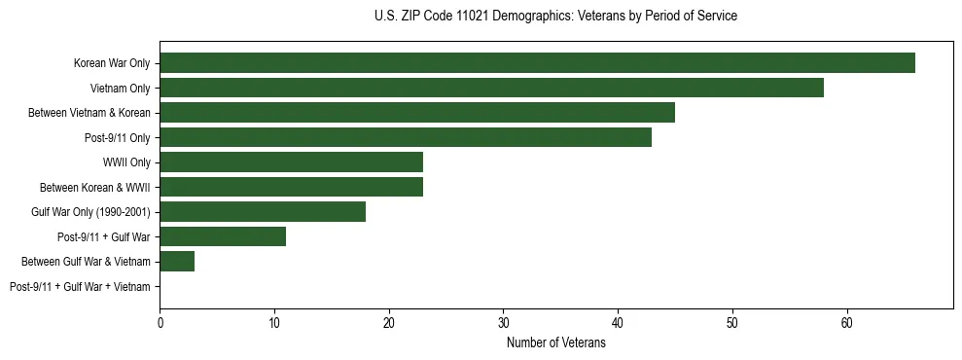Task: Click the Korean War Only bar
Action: pyautogui.click(x=537, y=63)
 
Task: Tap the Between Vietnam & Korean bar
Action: pyautogui.click(x=417, y=113)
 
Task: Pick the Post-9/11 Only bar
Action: pyautogui.click(x=406, y=137)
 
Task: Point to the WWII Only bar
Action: pyautogui.click(x=291, y=162)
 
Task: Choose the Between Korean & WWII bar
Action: pyautogui.click(x=291, y=187)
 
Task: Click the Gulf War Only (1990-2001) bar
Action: pyautogui.click(x=263, y=212)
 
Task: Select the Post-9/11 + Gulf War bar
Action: pyautogui.click(x=223, y=236)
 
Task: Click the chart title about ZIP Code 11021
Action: pyautogui.click(x=555, y=17)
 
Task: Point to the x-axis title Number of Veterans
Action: pyautogui.click(x=555, y=343)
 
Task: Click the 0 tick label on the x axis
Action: pyautogui.click(x=160, y=323)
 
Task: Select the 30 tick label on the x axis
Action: pyautogui.click(x=503, y=323)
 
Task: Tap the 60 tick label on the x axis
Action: pyautogui.click(x=847, y=323)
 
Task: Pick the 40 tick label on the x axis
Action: pyautogui.click(x=618, y=323)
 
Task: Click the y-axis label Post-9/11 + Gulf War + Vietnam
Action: pyautogui.click(x=80, y=286)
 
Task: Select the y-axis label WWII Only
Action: pyautogui.click(x=126, y=162)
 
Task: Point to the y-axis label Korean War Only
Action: pyautogui.click(x=112, y=63)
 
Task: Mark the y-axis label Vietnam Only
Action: pyautogui.click(x=121, y=88)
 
